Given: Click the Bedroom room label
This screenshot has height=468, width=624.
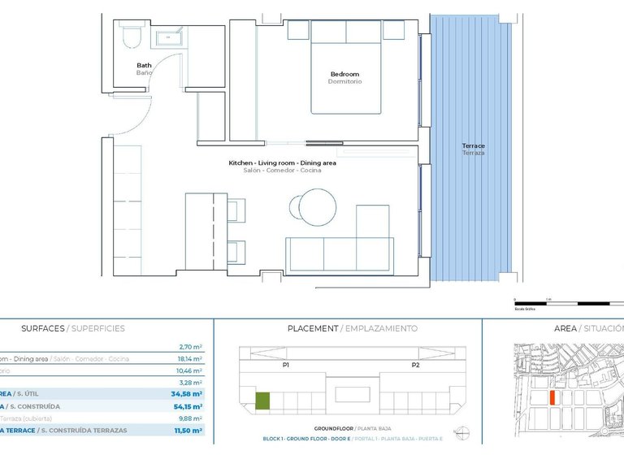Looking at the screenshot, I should pos(344,74).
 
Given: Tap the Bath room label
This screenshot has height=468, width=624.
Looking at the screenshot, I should pos(144,66).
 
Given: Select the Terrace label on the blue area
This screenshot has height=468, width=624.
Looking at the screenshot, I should pos(473,146).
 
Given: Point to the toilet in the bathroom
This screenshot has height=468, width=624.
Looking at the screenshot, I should pos(131,37).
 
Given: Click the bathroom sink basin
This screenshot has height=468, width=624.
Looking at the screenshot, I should pos(170,37).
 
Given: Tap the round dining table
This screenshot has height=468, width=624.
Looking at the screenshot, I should pos(314,207).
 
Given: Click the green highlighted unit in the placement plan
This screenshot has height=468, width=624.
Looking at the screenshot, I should pos(262,400).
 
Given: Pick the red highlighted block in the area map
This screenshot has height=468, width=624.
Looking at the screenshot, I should pos(552,397).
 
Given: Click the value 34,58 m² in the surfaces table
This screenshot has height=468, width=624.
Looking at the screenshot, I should pos(188,394).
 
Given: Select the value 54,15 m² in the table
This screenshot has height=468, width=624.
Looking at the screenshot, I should pos(188,406).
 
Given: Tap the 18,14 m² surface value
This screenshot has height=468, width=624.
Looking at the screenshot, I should pos(190,358).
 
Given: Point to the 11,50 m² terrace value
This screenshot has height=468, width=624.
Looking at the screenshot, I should pos(188,431).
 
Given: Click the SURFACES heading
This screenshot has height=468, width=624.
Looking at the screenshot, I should pos(42,328).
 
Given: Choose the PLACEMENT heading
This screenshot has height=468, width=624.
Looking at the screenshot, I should pos(313,328).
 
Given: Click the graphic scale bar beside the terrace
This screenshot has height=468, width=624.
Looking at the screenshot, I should pos(569,303).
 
